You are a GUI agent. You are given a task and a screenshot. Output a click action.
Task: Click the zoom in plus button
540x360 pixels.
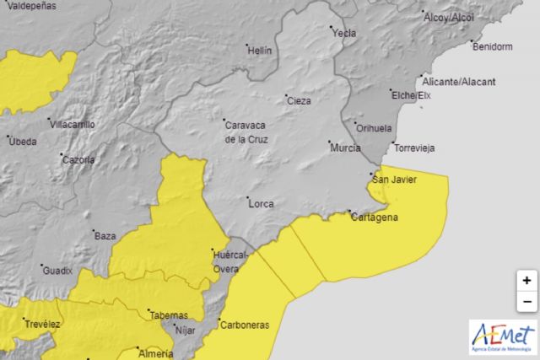(526, 281)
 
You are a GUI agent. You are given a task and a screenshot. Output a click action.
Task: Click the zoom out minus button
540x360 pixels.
(526, 301)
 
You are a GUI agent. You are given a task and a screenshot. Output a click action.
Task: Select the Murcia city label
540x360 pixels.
(345, 148)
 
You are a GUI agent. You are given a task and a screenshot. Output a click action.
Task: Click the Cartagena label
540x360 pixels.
(373, 217)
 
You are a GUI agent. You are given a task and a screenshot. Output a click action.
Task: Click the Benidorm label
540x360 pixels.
(493, 47)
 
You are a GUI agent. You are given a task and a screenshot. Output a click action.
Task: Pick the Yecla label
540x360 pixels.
(344, 34)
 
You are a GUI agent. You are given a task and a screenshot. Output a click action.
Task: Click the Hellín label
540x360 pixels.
(259, 50)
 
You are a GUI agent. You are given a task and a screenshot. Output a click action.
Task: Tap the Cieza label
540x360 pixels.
(299, 100)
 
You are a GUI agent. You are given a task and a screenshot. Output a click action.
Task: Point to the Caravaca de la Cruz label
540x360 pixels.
(246, 132)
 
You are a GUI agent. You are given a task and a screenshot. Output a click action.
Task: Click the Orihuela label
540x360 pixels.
(375, 128)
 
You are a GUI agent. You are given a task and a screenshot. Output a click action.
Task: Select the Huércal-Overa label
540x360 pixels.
(229, 261)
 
